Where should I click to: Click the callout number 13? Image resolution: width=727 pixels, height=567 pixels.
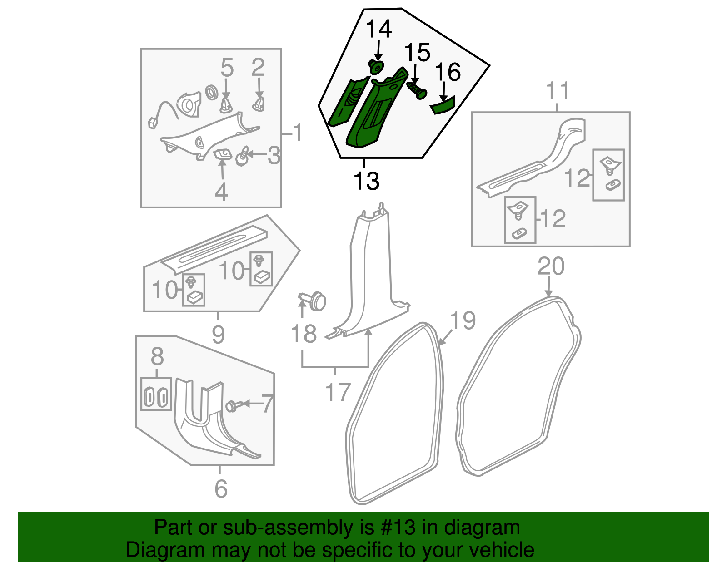[366, 181]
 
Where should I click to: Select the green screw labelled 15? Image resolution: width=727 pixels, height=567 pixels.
[417, 89]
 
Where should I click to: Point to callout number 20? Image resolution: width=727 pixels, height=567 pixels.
[551, 266]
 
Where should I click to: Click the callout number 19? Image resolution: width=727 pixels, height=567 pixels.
[463, 320]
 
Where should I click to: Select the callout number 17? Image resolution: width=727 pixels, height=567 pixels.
[338, 392]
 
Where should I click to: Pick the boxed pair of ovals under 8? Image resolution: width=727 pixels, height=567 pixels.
[156, 394]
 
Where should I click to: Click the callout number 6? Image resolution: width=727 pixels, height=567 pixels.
[221, 488]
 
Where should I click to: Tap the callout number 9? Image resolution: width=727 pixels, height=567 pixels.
[218, 335]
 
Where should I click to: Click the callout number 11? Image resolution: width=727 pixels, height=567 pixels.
[557, 91]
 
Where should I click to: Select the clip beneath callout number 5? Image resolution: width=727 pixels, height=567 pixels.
[226, 105]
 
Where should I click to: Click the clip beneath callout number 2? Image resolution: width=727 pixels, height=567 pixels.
[259, 105]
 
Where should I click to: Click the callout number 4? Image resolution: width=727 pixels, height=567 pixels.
[221, 192]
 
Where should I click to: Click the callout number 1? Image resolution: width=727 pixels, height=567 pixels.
[297, 133]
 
